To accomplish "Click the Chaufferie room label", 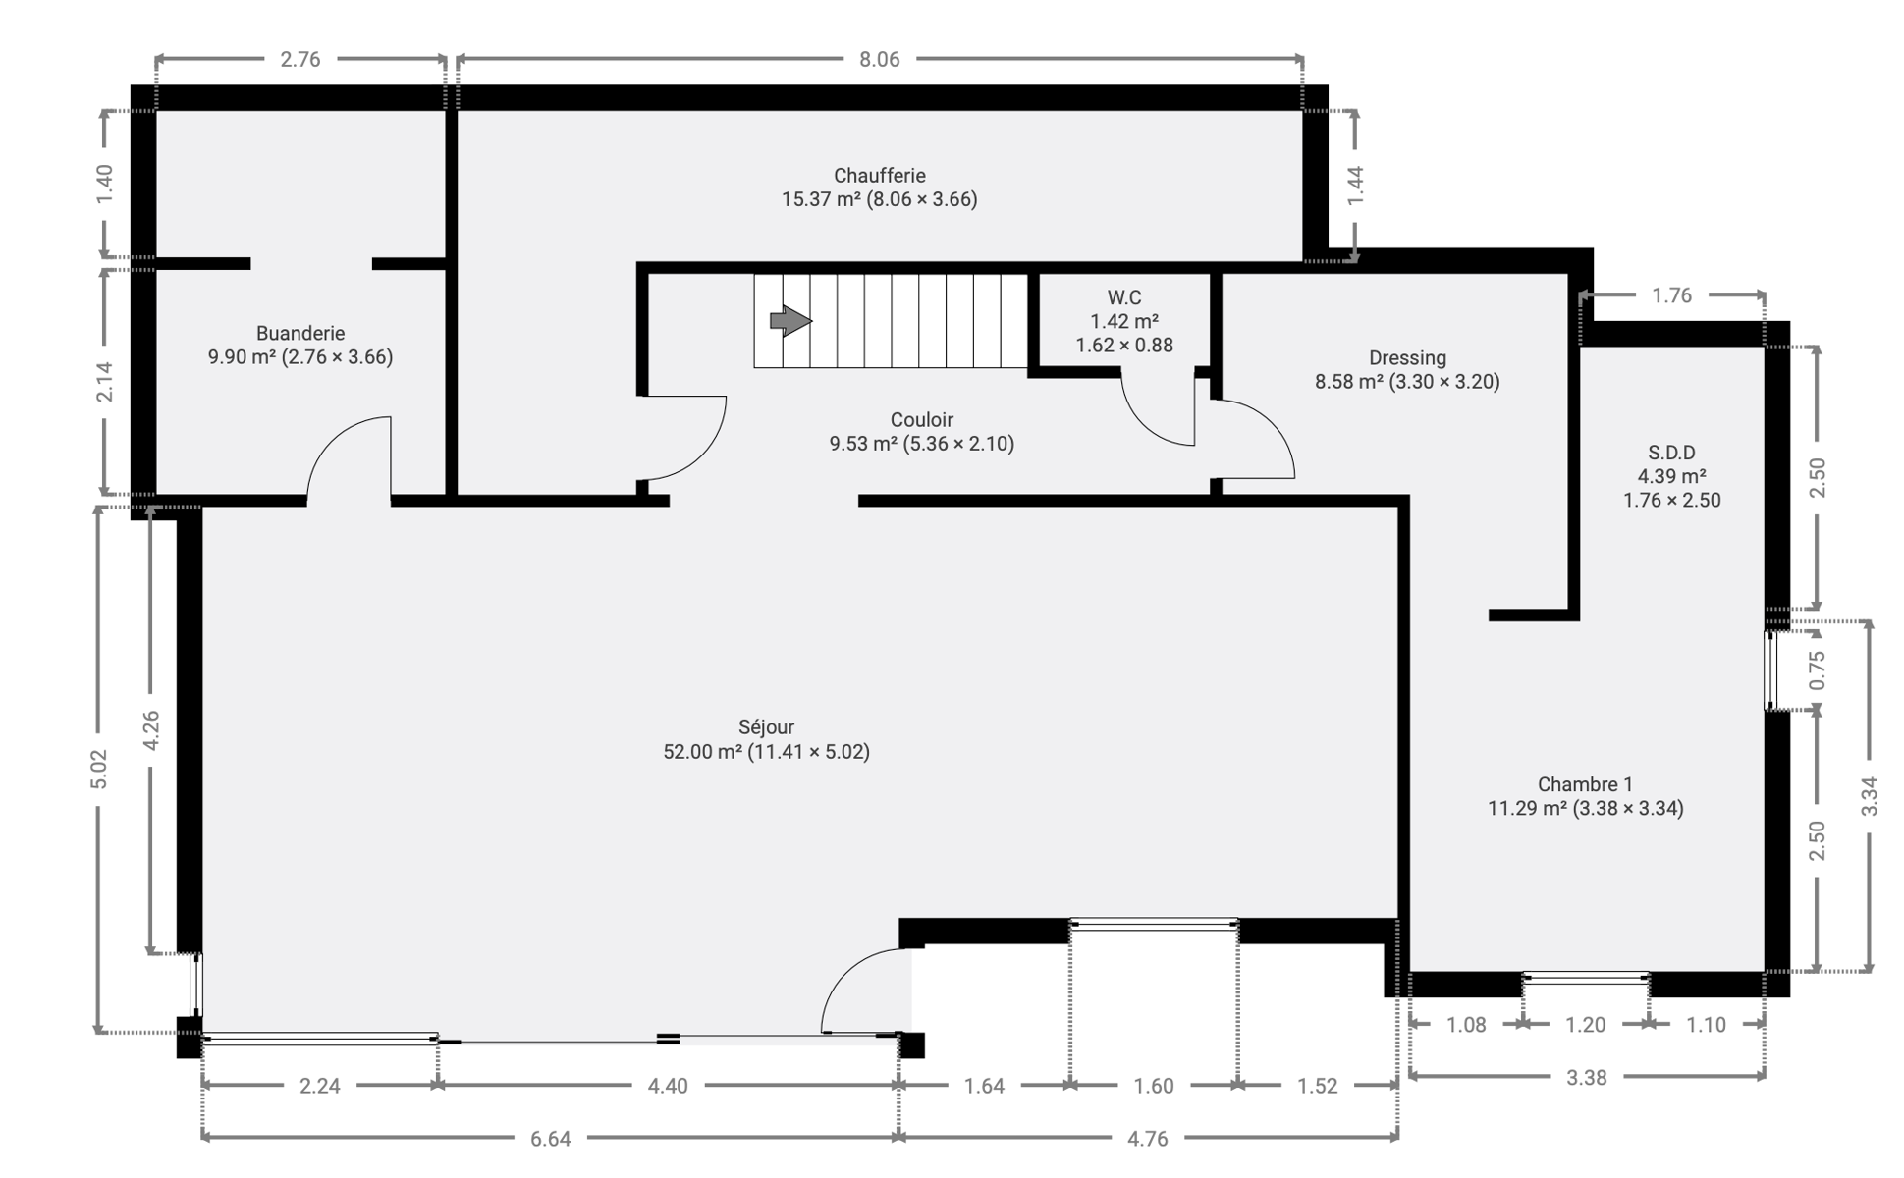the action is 879,176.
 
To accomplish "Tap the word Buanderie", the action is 300,334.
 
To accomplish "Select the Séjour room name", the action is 766,727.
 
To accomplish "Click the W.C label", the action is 1124,297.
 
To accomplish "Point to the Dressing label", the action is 1407,358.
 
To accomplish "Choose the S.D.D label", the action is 1671,453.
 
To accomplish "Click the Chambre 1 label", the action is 1585,784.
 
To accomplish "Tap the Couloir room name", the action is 922,420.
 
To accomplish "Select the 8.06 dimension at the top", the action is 879,59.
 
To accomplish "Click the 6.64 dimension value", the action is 550,1139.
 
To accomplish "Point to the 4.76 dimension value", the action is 1147,1139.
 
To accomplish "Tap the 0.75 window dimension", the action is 1817,670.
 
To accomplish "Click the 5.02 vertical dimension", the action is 98,770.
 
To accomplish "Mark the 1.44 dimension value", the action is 1355,186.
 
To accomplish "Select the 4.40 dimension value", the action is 668,1086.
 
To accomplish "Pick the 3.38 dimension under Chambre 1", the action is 1586,1078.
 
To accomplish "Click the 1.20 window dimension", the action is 1585,1025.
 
